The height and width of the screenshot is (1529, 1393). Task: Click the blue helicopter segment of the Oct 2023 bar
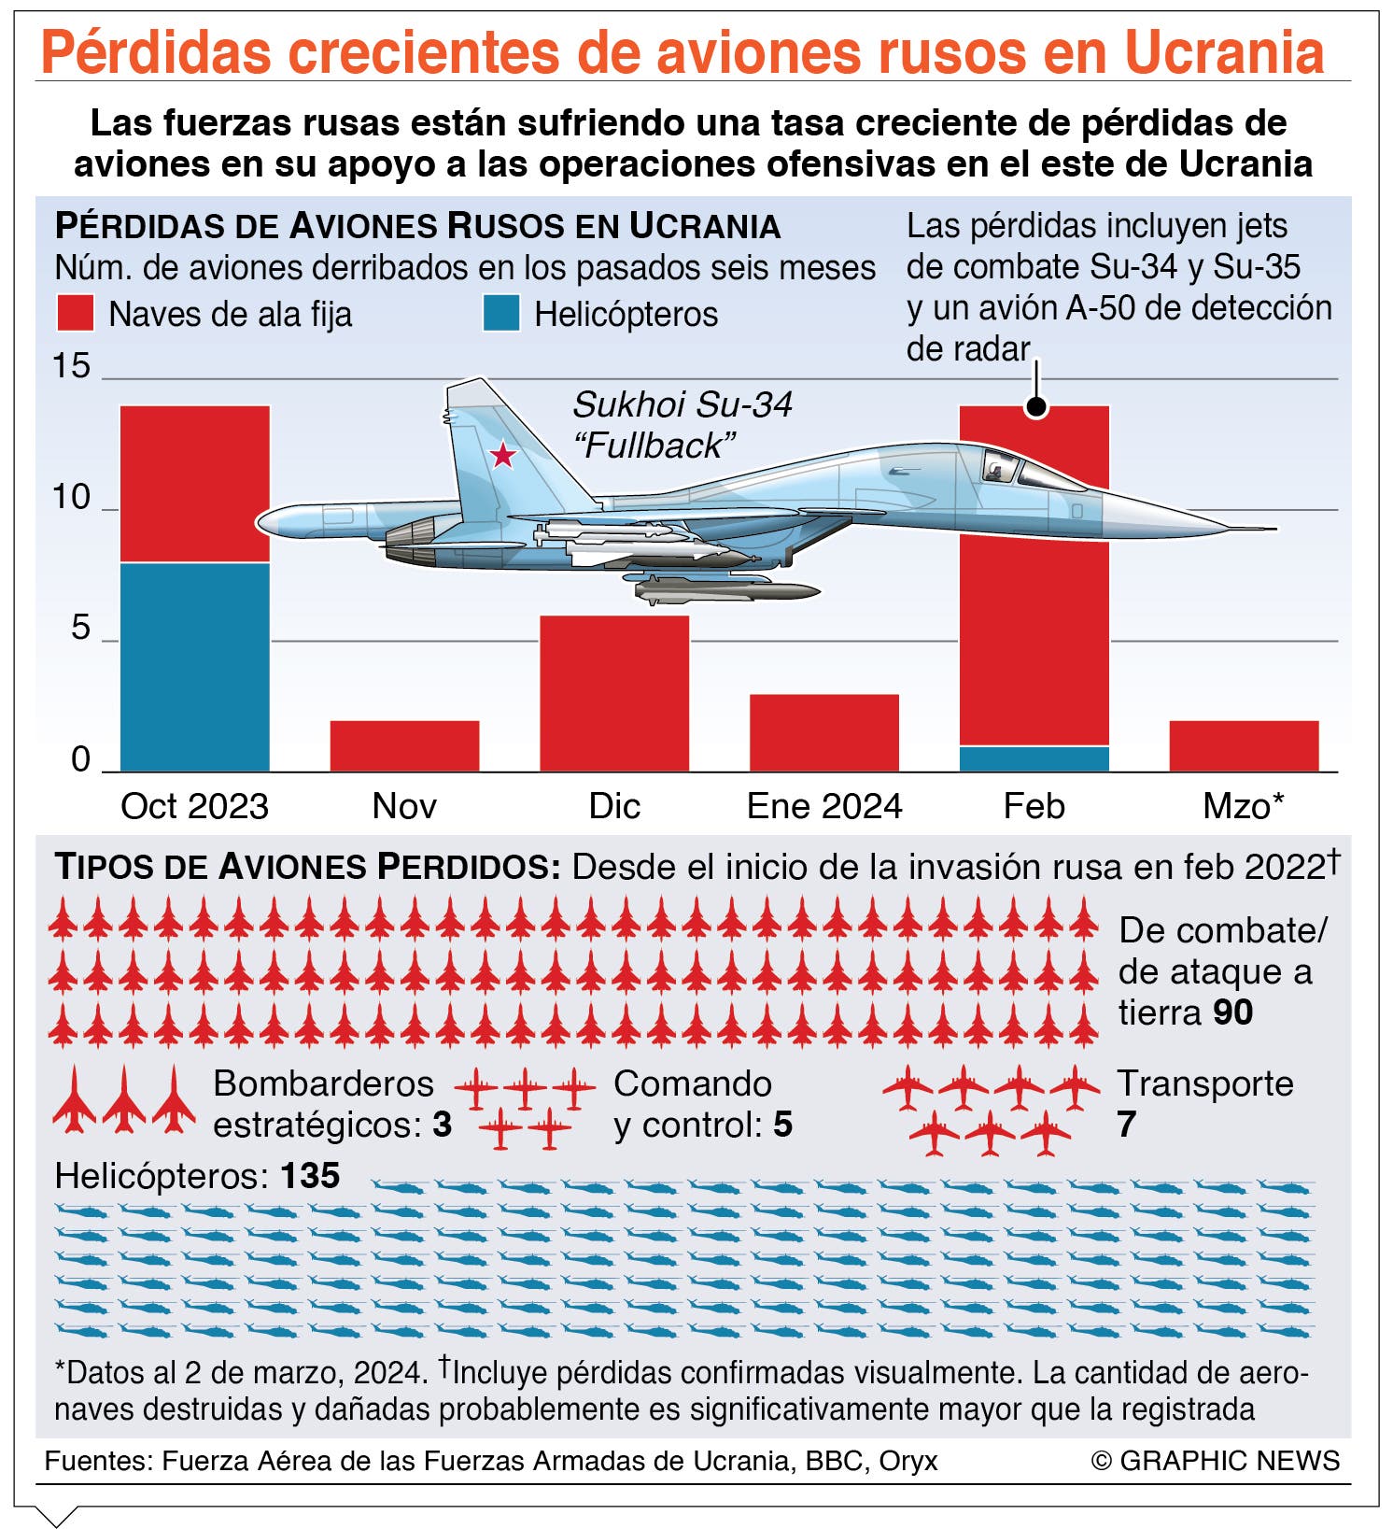(195, 667)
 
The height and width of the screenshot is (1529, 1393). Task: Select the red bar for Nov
(404, 745)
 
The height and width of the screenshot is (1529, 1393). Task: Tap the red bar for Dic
(614, 693)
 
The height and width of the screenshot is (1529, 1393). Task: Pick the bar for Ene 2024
(824, 732)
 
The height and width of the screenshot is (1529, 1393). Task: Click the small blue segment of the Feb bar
(1034, 758)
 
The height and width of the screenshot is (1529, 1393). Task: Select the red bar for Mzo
(1244, 745)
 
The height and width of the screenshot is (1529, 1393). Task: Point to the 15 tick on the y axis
(71, 366)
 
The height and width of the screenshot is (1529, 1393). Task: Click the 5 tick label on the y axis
(81, 629)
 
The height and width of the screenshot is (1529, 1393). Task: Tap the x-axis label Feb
(1034, 805)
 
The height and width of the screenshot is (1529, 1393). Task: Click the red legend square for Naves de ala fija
(76, 313)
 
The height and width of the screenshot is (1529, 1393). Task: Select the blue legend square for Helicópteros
(501, 313)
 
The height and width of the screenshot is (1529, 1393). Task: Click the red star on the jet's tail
(503, 455)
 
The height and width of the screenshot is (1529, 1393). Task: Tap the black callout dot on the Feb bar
(1036, 406)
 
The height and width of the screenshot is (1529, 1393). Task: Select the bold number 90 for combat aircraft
(1233, 1012)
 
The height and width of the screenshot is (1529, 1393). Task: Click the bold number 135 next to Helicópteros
(310, 1175)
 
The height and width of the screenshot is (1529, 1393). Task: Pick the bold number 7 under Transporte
(1127, 1125)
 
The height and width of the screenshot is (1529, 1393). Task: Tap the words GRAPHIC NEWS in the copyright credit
(1230, 1460)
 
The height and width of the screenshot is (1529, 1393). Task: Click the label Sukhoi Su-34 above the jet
(682, 405)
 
